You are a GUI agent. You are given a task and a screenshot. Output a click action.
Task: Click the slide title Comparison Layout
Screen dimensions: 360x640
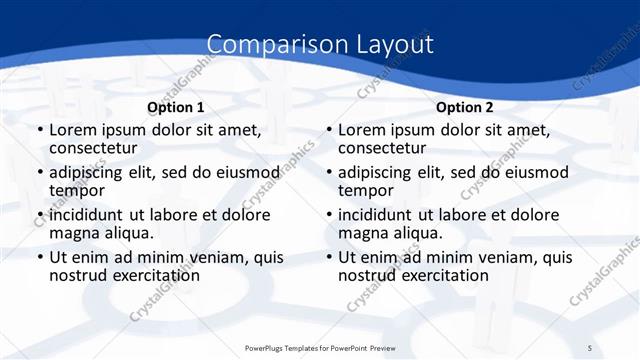(x=320, y=45)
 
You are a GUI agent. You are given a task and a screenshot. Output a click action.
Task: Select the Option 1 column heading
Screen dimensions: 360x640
(x=176, y=107)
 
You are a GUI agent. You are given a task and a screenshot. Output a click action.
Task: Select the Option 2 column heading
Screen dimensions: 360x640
(x=465, y=107)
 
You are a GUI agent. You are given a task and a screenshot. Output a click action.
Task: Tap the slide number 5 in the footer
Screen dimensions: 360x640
(x=591, y=347)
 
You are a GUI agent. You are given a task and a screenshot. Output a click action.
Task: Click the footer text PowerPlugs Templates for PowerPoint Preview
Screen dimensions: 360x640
(x=321, y=347)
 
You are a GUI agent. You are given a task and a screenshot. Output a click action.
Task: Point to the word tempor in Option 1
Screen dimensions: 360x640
(x=77, y=191)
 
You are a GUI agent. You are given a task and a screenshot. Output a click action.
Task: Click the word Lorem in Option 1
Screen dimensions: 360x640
(x=72, y=130)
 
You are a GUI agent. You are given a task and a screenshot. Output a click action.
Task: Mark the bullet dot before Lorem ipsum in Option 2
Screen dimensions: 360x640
(x=328, y=130)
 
